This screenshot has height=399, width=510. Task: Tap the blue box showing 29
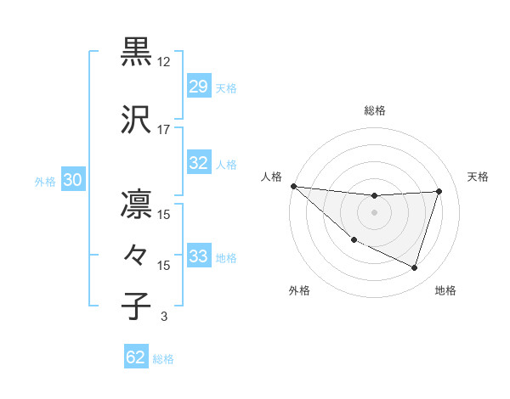[x=199, y=87]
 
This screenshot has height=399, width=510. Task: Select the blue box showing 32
[x=199, y=163]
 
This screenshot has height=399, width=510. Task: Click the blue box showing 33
[x=199, y=256]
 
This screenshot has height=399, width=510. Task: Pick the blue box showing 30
[x=72, y=180]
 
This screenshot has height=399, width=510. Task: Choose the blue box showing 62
[x=136, y=357]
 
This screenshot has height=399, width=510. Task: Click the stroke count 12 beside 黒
[x=164, y=62]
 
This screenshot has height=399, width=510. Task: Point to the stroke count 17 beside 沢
[x=164, y=130]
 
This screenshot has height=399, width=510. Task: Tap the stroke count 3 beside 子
[x=164, y=317]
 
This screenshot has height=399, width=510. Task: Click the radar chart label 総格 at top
[x=374, y=110]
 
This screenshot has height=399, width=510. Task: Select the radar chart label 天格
[x=478, y=177]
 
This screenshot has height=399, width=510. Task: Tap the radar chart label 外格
[x=299, y=290]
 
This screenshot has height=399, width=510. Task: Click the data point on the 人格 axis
[x=293, y=186]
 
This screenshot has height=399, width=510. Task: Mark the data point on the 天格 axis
[x=439, y=191]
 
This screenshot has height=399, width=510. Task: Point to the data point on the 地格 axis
[x=414, y=268]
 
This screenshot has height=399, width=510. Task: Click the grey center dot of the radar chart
[x=374, y=212]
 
